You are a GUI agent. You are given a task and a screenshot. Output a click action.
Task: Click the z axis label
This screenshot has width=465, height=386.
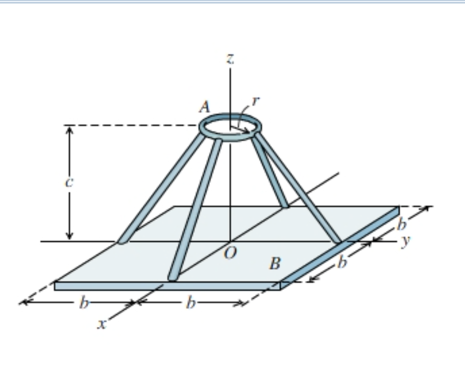(x=229, y=59)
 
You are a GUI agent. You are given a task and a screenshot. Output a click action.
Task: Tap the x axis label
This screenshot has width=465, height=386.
(x=102, y=324)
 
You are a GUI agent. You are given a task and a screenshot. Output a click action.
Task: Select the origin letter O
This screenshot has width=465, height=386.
(x=229, y=255)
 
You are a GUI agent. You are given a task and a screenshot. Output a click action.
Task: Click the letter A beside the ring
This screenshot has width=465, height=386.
(x=204, y=107)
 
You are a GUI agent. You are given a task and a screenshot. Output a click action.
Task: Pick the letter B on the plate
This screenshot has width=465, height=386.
(x=274, y=264)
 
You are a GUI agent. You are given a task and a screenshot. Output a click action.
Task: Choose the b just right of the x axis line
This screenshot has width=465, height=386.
(x=189, y=302)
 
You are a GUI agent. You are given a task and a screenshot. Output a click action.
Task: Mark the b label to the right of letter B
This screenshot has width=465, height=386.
(x=342, y=262)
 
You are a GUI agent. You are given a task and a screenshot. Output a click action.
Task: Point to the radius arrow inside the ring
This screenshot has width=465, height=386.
(x=240, y=130)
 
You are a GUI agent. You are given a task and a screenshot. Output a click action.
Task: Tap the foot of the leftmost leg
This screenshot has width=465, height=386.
(x=120, y=241)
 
